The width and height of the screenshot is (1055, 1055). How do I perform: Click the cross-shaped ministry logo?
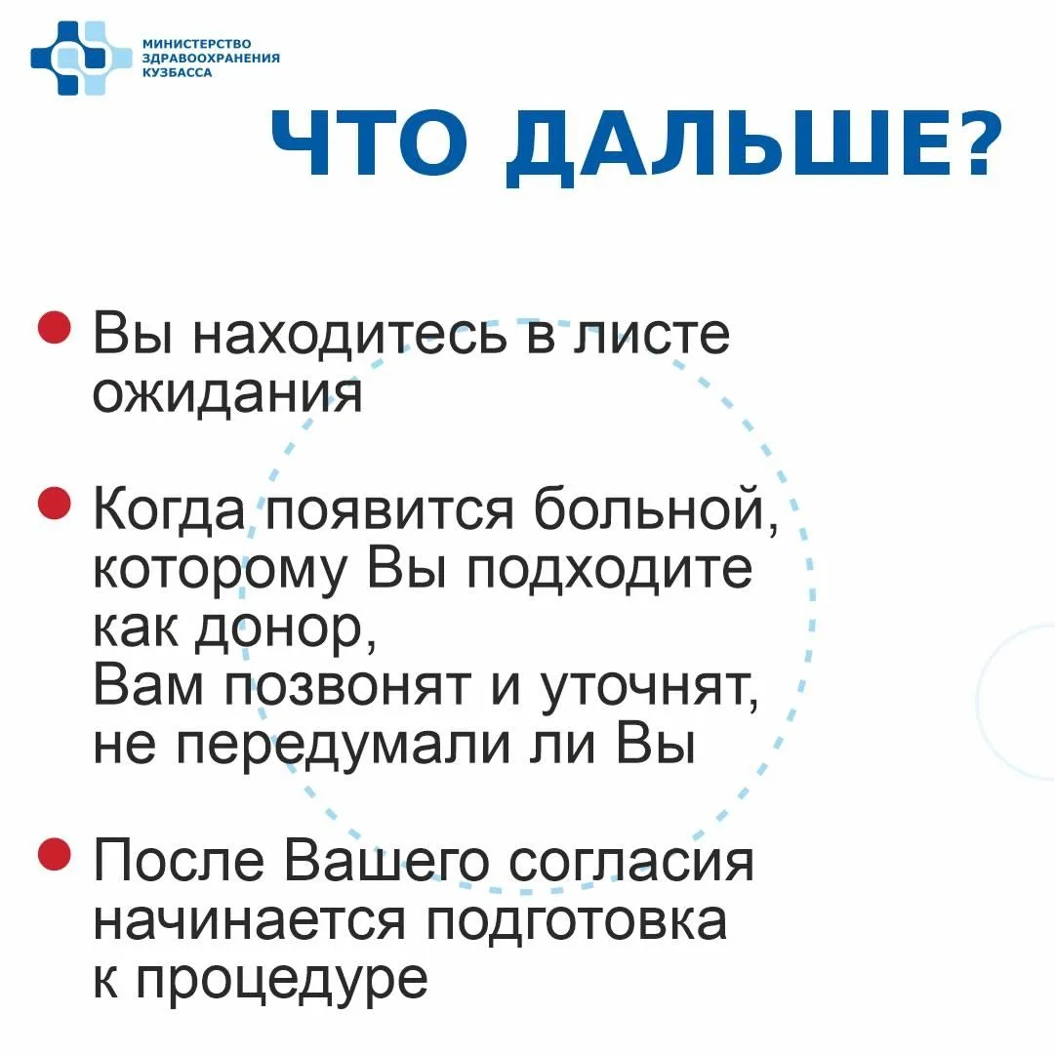[x=81, y=58]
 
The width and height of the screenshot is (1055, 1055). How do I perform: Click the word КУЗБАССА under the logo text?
[x=177, y=72]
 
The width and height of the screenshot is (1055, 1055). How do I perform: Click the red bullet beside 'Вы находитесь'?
[x=55, y=327]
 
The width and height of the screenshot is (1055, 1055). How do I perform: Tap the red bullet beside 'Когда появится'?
[x=55, y=504]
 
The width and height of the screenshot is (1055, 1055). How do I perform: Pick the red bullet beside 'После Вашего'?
[x=55, y=854]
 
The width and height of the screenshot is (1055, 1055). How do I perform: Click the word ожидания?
[x=227, y=393]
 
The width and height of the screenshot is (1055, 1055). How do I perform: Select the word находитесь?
[x=349, y=336]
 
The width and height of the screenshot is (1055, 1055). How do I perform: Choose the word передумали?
[x=344, y=747]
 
